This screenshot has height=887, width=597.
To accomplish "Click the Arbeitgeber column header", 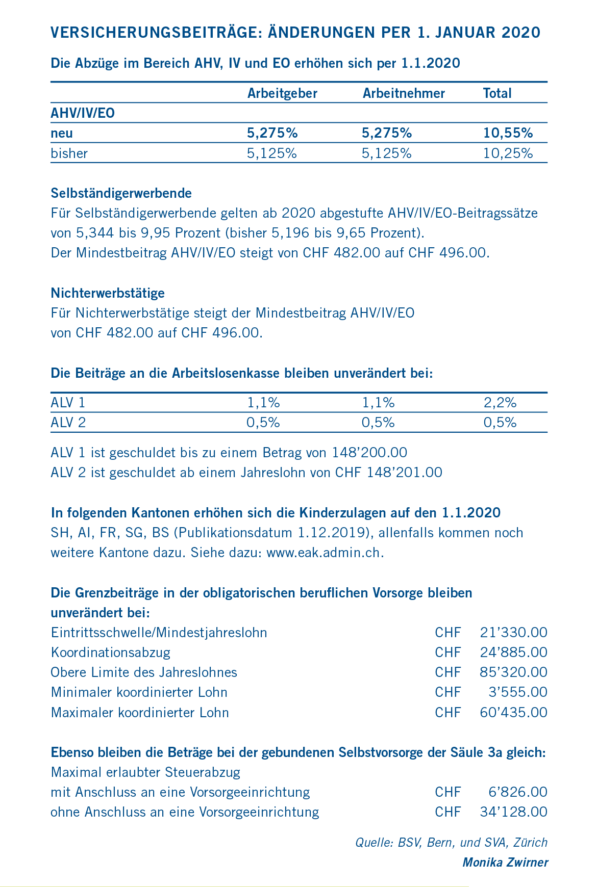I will [282, 93].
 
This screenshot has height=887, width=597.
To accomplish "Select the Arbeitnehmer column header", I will [404, 93].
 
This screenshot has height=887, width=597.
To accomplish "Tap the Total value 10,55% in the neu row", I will [508, 134].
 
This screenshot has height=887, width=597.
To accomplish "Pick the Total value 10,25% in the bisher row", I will [508, 153].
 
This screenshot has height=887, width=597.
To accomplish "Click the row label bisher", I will [69, 153].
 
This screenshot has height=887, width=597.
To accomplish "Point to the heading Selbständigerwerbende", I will [121, 193].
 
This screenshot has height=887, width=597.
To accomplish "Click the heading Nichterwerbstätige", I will [108, 293].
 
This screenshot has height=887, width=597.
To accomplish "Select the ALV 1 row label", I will [68, 403].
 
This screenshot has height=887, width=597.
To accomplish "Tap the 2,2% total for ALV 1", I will [500, 403].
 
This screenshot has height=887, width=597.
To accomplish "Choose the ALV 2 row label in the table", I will [68, 423].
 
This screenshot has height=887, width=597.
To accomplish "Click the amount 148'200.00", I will [369, 453].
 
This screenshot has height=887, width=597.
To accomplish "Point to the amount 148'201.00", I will [404, 473].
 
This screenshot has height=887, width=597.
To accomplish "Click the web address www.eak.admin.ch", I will [325, 553].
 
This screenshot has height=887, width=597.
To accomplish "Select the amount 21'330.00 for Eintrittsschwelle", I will [513, 633].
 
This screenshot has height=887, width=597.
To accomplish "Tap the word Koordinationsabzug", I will [111, 653].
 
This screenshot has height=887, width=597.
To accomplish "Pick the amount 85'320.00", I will [513, 672].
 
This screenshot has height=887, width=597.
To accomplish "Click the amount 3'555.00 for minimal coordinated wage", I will [517, 692].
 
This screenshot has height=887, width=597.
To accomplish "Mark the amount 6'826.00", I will [517, 792].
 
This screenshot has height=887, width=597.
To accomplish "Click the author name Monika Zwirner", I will [505, 863].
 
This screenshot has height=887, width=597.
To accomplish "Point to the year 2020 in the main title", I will [521, 33].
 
